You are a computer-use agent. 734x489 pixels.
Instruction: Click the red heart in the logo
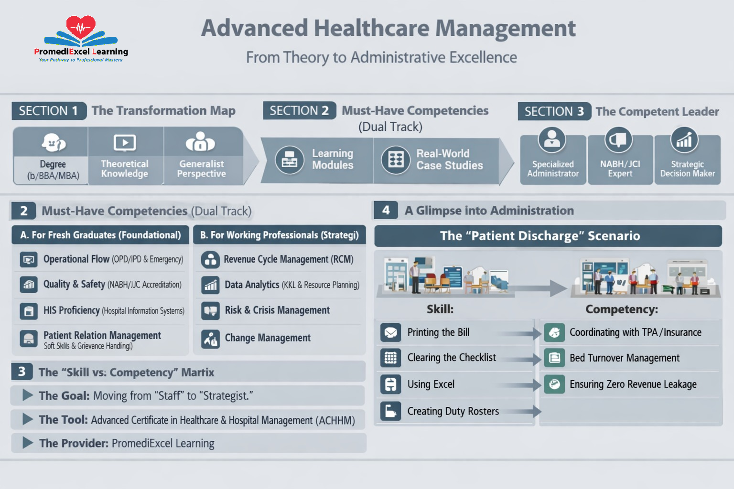(81, 27)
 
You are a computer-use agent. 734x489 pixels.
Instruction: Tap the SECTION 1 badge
(48, 111)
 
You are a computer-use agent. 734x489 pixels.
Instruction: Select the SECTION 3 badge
(554, 111)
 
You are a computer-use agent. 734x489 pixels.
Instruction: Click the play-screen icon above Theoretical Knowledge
(125, 142)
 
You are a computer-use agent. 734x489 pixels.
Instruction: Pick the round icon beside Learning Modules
(290, 160)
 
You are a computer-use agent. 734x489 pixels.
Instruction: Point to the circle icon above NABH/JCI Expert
(619, 139)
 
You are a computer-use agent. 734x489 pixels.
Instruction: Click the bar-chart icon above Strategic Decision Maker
(684, 139)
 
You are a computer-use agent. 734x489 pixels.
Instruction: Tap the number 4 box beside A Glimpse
(386, 210)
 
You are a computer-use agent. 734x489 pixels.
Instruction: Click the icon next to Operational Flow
(29, 260)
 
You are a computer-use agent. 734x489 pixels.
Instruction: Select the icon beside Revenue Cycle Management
(210, 259)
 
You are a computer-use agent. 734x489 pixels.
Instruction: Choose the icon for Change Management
(210, 339)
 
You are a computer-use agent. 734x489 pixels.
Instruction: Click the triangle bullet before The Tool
(28, 419)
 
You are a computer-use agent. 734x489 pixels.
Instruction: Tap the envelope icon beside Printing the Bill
(391, 332)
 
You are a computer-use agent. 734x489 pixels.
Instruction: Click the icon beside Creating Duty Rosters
(391, 411)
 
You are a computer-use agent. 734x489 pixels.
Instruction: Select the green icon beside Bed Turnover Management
(554, 358)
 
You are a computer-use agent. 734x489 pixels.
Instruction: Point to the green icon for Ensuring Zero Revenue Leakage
(554, 384)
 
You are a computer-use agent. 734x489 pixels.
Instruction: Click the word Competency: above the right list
(622, 309)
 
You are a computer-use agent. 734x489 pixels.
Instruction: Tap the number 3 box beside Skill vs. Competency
(22, 372)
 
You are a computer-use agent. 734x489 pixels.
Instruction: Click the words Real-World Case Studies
(449, 159)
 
